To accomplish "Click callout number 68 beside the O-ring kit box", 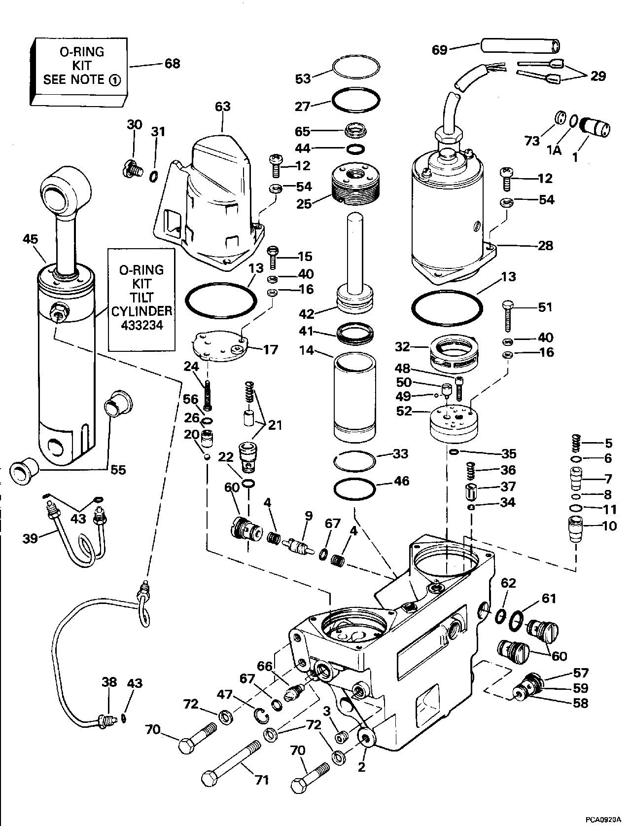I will [172, 64].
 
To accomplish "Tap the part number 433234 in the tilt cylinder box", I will [141, 326].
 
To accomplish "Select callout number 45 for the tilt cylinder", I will [30, 239].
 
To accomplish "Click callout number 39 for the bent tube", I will [31, 538].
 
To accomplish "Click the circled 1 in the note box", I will [114, 80].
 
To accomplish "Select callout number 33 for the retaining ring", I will [399, 453].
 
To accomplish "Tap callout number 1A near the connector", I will [555, 150].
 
